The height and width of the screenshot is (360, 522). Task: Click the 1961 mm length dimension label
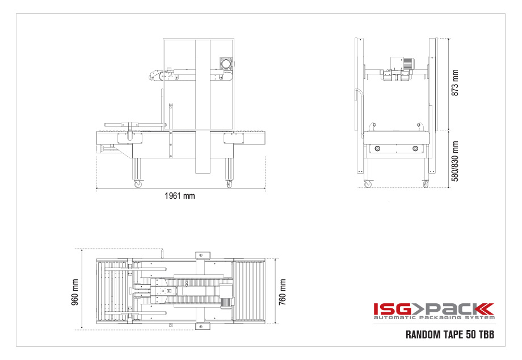[x=179, y=196]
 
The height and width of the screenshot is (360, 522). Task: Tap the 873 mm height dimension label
[x=454, y=82]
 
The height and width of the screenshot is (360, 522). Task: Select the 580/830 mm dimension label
[x=454, y=161]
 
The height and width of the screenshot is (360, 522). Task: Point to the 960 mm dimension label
[x=75, y=292]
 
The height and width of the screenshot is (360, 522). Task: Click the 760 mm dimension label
[x=283, y=292]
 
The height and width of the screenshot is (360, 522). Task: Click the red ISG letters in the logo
[x=392, y=309]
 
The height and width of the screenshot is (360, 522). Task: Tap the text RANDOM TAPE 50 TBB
[x=450, y=334]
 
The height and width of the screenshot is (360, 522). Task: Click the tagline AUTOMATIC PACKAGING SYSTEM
[x=434, y=318]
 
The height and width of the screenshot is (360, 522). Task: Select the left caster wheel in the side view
[x=138, y=184]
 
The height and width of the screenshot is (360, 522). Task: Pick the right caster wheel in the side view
[x=229, y=184]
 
